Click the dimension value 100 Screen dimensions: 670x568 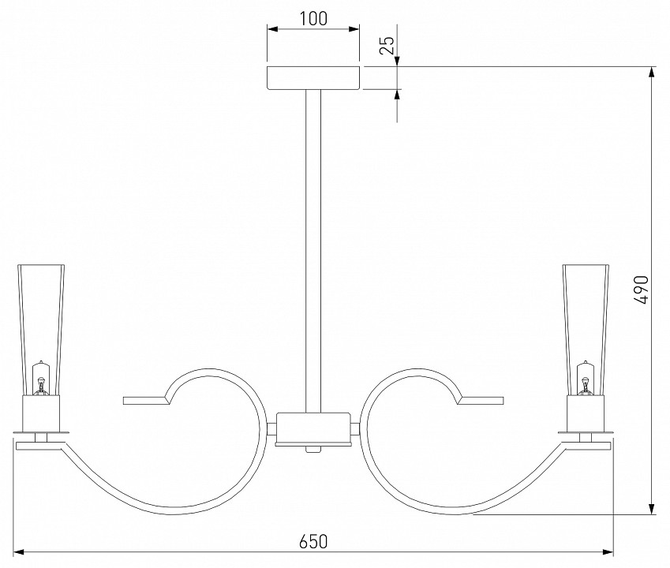coord(313,18)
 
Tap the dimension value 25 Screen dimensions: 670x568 coord(387,45)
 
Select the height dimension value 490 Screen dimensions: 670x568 coord(641,290)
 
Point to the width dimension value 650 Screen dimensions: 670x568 coord(313,541)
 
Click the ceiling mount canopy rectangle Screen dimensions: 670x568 coord(313,78)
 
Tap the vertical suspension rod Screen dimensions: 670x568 coord(313,251)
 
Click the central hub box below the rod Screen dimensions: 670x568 coord(313,428)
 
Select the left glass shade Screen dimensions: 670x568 coord(41,330)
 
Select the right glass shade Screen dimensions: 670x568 coord(586,330)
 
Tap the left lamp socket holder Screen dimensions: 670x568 coord(41,413)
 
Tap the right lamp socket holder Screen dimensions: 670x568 coord(586,413)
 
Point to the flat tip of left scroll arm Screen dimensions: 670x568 coord(145,401)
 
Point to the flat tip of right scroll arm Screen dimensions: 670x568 coord(481,401)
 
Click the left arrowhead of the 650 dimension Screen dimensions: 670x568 coord(19,551)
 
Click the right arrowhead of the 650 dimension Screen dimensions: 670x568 coord(608,551)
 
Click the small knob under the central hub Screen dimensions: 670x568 coord(313,450)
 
